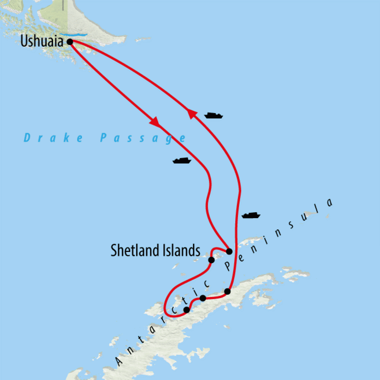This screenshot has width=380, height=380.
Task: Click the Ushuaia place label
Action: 42,41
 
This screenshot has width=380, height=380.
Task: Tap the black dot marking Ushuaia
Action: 69,42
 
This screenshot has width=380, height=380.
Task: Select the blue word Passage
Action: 143,138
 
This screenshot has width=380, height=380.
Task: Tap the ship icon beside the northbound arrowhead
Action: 213,115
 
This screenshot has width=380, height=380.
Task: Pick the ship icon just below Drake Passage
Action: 182,161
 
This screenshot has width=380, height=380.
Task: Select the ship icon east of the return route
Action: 251,215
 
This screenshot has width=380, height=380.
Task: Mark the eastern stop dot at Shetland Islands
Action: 229,251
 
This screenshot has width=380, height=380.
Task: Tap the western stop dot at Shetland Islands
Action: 211,260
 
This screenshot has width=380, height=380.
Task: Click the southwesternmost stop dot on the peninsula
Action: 187,309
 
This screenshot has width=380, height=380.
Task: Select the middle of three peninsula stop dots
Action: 203,298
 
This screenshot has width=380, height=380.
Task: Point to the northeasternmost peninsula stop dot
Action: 227,292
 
